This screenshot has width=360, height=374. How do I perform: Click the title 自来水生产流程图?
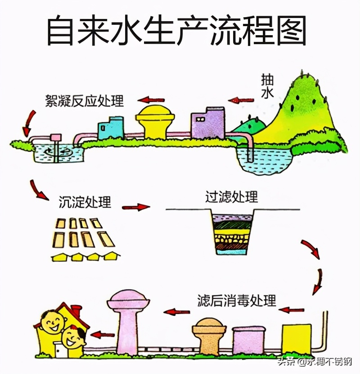(177, 30)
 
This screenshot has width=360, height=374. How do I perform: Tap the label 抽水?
(267, 86)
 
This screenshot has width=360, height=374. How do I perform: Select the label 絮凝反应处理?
(84, 100)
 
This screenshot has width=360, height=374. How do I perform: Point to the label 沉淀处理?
(85, 202)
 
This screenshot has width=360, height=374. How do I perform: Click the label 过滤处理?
(232, 197)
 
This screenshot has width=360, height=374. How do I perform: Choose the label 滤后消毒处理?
(237, 300)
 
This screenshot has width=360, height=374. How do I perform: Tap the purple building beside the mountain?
(208, 123)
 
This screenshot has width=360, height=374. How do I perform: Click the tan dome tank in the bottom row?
(209, 336)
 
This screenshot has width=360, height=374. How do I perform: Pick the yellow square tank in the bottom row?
(297, 339)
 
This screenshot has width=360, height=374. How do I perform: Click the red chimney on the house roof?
(76, 310)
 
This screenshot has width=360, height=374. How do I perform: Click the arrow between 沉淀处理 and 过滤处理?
(136, 207)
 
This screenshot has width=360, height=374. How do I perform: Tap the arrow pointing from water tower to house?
(103, 334)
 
